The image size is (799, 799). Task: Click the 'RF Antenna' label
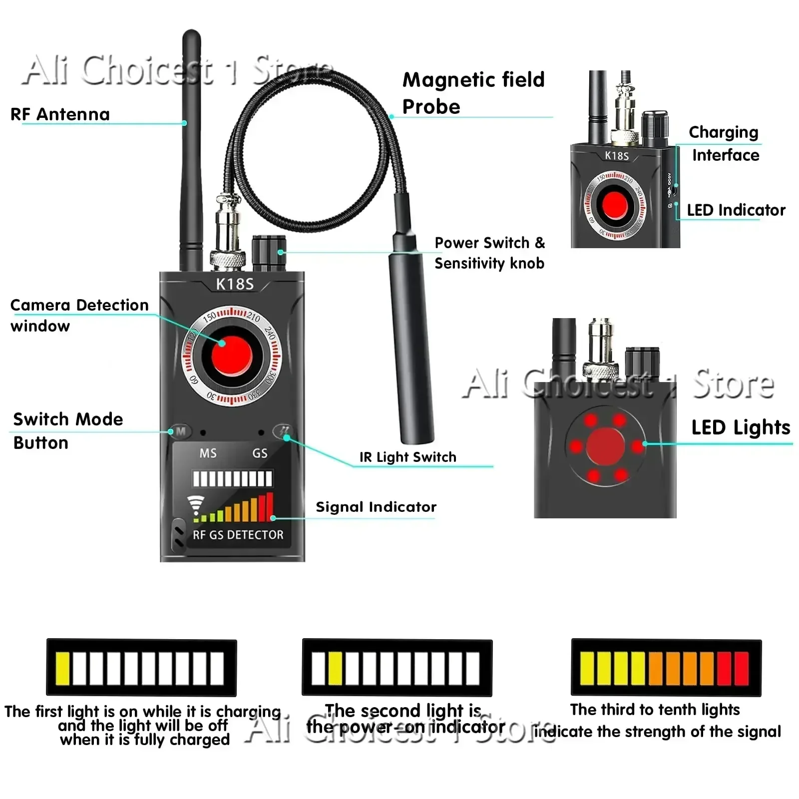point(60,114)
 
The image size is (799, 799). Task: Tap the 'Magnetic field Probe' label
point(473,93)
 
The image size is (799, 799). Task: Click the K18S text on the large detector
point(234,284)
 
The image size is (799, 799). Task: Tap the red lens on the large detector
point(231,356)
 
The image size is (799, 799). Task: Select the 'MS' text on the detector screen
point(208,453)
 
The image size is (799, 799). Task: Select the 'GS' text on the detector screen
point(260,453)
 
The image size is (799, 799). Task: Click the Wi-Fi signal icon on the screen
point(196,505)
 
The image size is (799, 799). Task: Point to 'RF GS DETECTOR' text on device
point(238,535)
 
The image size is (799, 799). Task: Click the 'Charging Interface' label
point(724,143)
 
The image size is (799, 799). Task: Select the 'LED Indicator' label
point(736,210)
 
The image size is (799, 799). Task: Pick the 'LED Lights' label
point(741,427)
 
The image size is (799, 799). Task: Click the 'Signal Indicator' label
point(376,507)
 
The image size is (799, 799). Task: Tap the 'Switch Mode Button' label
point(68,430)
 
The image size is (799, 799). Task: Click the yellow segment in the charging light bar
point(63,668)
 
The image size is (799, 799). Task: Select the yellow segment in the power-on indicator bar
point(335,668)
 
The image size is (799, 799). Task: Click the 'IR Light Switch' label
point(407,457)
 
